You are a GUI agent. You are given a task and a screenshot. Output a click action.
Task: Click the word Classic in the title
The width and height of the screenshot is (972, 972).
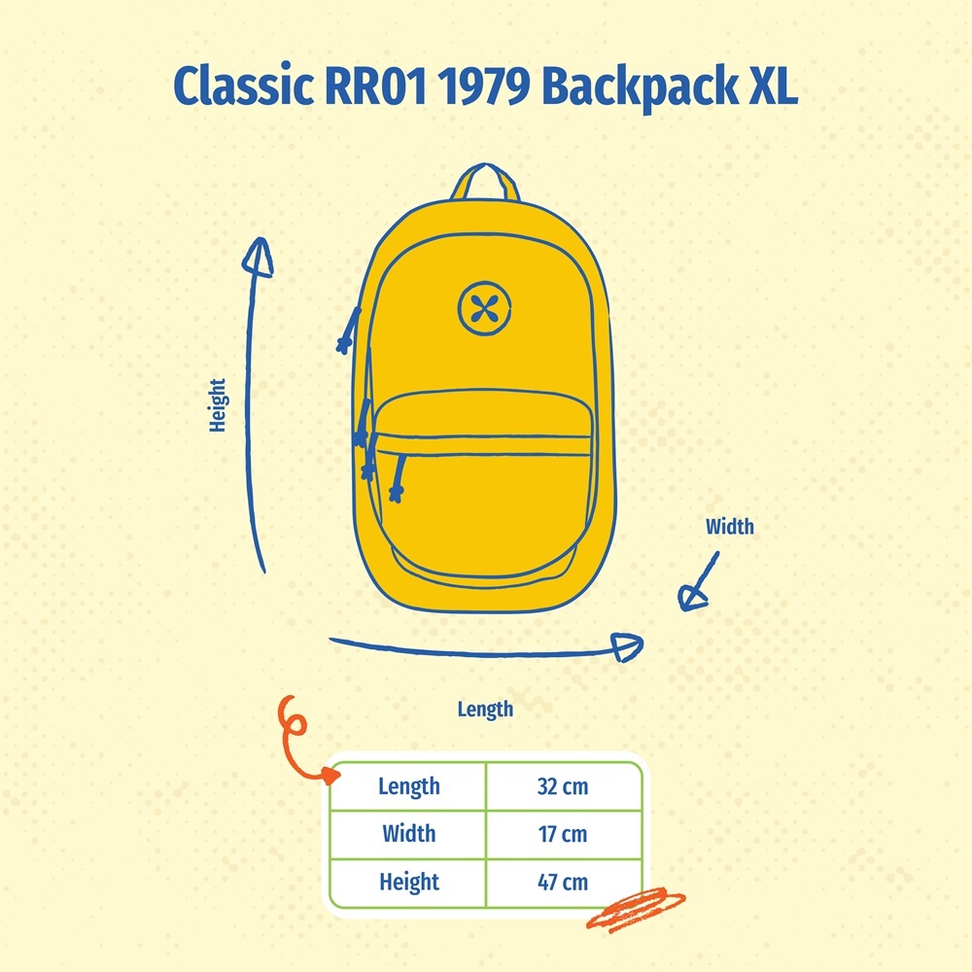tap(240, 88)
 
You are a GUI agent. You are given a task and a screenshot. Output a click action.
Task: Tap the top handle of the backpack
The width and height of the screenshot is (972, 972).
tap(487, 182)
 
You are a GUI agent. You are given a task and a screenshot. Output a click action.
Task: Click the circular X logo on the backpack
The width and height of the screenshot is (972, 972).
tap(482, 308)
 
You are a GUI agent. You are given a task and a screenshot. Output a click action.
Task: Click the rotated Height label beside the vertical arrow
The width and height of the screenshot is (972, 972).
tap(218, 404)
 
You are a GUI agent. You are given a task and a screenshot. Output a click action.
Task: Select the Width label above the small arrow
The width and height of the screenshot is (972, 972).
tap(729, 527)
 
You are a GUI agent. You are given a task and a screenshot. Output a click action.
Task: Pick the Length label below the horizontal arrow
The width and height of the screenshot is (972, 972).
tap(485, 710)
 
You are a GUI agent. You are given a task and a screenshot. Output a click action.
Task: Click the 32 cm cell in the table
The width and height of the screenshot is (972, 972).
tap(563, 786)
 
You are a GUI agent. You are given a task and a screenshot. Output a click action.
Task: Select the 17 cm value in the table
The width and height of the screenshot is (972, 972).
tap(563, 834)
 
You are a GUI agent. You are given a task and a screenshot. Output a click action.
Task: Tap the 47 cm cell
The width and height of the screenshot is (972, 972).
tap(563, 883)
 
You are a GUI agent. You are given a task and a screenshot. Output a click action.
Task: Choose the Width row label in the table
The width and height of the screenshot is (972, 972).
tap(408, 834)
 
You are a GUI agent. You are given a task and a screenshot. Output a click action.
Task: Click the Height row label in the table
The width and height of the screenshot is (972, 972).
tap(408, 883)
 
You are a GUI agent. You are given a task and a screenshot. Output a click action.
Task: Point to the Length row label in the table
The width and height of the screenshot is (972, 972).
tap(408, 786)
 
